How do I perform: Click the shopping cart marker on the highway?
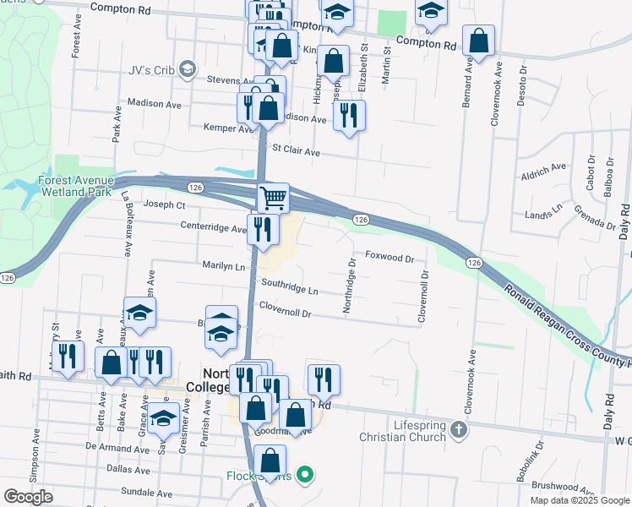[272, 199]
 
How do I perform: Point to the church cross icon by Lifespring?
[458, 430]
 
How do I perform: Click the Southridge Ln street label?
[290, 287]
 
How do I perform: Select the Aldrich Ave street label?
[543, 168]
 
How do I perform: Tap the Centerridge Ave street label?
[213, 226]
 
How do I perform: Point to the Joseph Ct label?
[164, 204]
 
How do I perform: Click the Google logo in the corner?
[28, 497]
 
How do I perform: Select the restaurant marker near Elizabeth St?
[349, 114]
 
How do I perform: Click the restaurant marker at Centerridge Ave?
[263, 229]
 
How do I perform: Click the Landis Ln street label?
[544, 210]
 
